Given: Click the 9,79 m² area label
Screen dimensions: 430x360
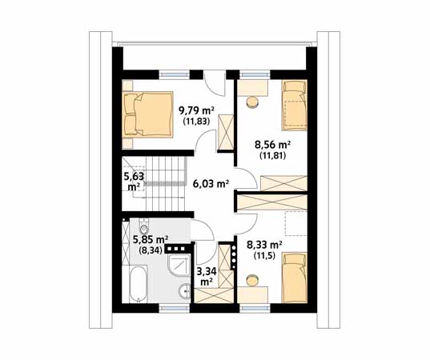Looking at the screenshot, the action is click(x=196, y=111).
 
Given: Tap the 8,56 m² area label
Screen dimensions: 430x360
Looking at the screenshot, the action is click(x=273, y=145).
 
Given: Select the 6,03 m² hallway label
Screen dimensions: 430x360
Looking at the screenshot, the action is click(x=211, y=183).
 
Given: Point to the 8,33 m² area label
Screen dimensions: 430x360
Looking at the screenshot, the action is click(x=264, y=245).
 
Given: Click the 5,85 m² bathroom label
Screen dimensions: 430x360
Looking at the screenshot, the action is click(x=151, y=240).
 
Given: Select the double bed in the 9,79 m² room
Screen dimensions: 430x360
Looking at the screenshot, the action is click(x=148, y=114).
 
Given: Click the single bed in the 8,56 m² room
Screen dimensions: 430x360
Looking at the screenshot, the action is click(x=295, y=106).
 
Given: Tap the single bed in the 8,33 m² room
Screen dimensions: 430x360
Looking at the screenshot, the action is click(x=295, y=278).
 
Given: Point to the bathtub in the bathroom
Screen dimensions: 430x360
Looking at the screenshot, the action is click(x=139, y=283).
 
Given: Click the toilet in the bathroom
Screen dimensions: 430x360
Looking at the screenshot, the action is click(x=143, y=226).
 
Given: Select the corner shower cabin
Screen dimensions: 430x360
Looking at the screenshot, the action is click(x=179, y=265).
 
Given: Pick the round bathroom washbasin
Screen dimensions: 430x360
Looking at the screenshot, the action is click(x=184, y=291).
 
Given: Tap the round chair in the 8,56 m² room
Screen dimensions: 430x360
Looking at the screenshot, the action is click(x=252, y=102).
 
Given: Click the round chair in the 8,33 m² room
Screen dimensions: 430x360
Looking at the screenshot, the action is click(x=252, y=280).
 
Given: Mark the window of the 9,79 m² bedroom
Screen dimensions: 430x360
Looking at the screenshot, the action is click(x=175, y=74).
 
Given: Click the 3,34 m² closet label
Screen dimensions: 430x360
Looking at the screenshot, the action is click(x=207, y=276).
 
